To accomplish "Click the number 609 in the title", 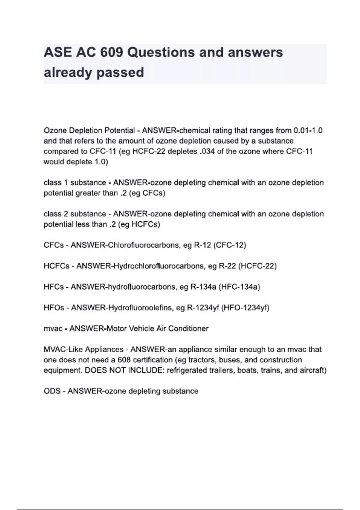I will pos(111,52).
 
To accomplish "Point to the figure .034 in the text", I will pos(207,151).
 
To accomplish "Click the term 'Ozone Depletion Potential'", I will pos(89,130).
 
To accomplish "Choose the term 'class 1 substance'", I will pos(75,183).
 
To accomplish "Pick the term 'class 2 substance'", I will pos(75,214).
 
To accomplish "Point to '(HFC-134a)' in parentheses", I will pos(239,287).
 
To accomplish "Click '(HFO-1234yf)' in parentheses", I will pos(245,308).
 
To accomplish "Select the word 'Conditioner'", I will pos(188,329).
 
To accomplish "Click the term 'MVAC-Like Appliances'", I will pos(83,349).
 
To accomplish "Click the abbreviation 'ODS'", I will pos(52,391).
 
